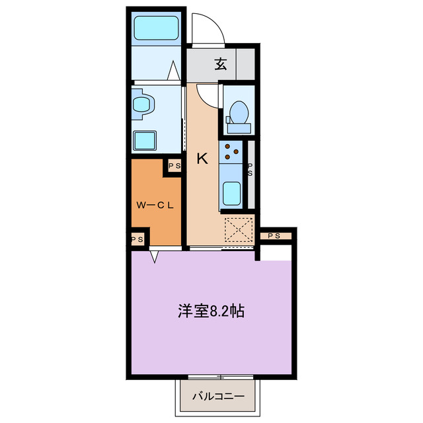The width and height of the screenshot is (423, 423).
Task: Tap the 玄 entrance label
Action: (221, 64)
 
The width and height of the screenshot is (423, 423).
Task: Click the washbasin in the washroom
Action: (142, 104)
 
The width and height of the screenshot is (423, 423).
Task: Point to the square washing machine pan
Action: (145, 140)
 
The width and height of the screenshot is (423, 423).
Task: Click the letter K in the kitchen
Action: (202, 158)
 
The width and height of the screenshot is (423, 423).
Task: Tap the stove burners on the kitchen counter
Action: (231, 152)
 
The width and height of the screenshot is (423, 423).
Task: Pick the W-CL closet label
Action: (155, 205)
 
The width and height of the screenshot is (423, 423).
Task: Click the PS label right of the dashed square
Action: (274, 235)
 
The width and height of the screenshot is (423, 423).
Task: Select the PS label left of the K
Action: (174, 166)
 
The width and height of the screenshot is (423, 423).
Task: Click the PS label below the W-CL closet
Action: (137, 239)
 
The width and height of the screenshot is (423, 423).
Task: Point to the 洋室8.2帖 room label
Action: (211, 311)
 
